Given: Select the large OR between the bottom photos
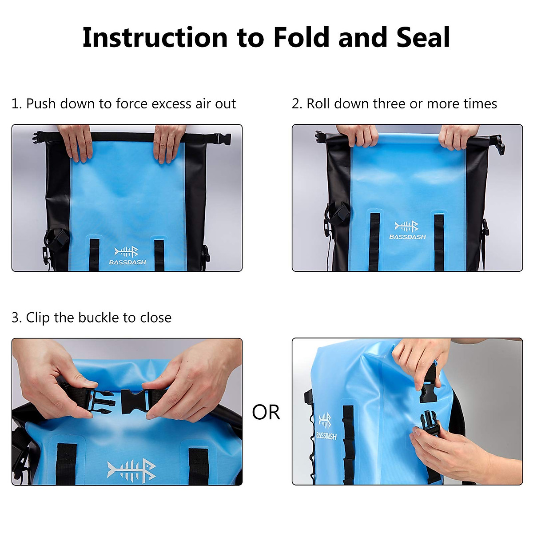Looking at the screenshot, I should [266, 412].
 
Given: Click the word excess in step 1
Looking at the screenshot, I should [171, 103].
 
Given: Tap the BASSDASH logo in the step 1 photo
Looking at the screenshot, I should [127, 256].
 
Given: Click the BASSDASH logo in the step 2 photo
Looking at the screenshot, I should [407, 231].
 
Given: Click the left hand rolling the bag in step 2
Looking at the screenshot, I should [357, 135].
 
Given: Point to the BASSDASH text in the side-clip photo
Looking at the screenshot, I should [326, 435].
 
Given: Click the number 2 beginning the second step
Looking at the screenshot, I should [296, 103].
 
